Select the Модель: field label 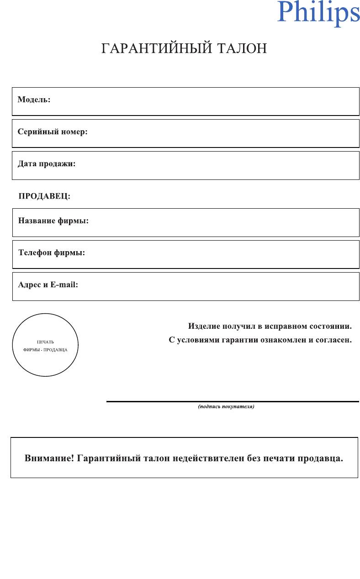34,100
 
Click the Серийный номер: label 53,132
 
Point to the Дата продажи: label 47,163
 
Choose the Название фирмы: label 53,221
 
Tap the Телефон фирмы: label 52,253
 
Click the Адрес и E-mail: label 48,284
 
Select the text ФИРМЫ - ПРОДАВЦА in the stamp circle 45,350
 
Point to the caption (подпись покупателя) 226,406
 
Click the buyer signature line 233,401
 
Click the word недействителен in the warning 205,458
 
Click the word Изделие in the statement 204,326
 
